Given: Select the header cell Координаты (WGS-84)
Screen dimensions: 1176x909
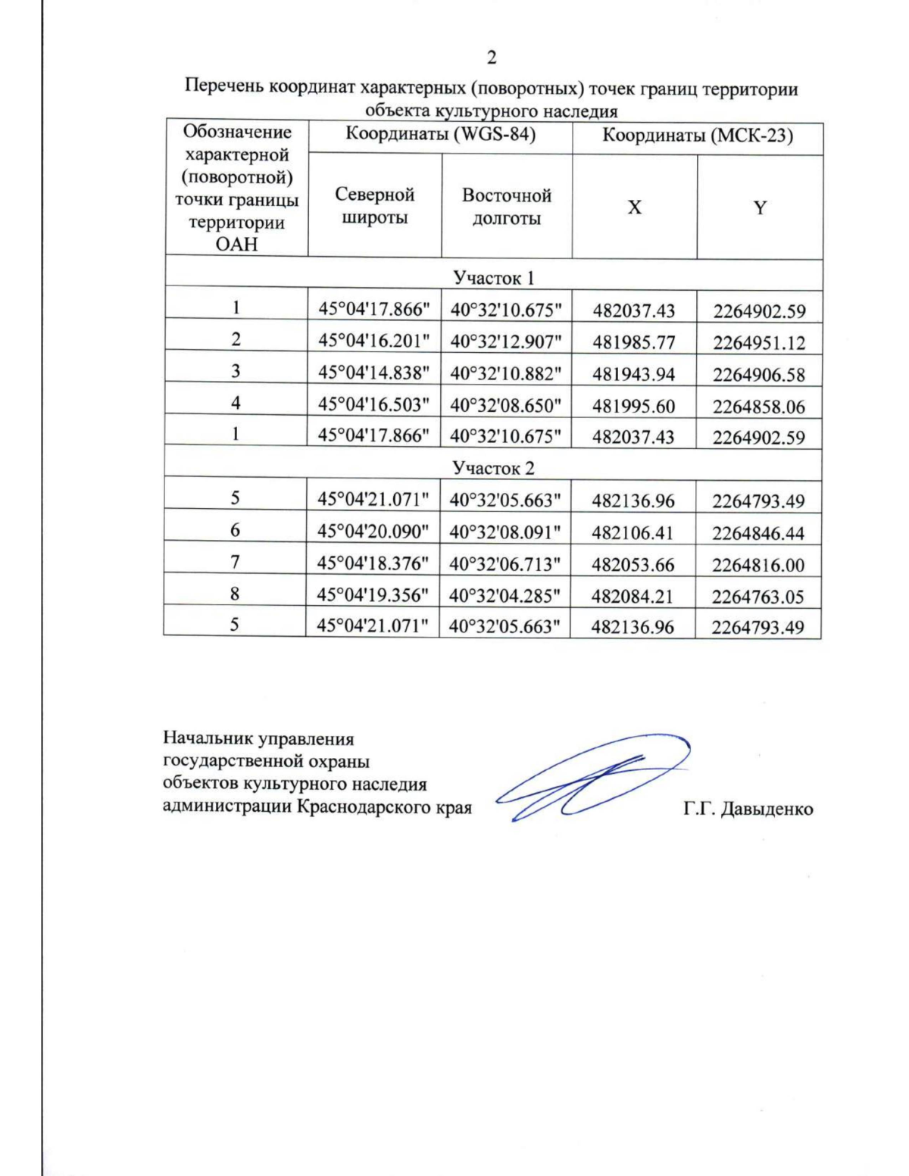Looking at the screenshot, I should pos(440,135).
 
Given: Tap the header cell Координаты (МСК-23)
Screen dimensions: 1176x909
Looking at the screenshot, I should pos(697,136).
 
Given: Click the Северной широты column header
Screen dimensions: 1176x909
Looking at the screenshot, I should pos(375,206).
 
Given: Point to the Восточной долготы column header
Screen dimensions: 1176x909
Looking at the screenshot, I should pos(506,207).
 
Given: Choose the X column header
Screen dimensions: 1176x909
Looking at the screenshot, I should pos(634,207).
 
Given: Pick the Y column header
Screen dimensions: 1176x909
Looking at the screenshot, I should pos(760,207).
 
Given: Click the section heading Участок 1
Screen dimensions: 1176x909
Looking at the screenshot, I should pos(493,278).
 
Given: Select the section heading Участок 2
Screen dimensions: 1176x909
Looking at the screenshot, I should pos(493,468).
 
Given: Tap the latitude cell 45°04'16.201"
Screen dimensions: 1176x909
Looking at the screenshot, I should pos(373,342).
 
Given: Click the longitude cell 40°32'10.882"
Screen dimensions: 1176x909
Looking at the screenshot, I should pos(506,373).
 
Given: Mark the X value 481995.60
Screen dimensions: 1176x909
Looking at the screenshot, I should pos(633,406).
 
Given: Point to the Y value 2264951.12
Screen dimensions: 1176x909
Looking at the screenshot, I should pos(759,343).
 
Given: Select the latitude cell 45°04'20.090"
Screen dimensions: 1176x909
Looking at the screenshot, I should pos(373,532).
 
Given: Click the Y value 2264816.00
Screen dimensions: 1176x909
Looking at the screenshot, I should pos(758,565).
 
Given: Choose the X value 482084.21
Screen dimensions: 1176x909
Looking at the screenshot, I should pos(633,597).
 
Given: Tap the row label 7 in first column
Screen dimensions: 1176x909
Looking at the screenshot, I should pos(235,562).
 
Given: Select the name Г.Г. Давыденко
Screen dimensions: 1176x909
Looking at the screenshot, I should pos(748,809).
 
